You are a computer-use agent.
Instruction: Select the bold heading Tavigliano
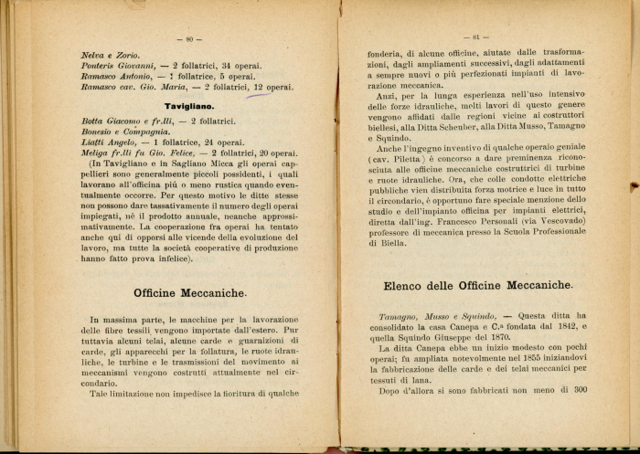(189, 106)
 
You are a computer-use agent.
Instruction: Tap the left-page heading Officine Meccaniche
(189, 293)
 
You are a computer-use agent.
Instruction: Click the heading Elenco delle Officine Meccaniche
(477, 286)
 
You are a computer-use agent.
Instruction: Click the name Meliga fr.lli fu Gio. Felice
(138, 153)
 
